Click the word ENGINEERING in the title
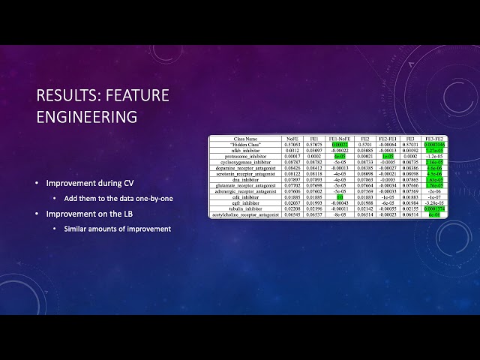point(87,117)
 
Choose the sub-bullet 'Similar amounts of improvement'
point(117,229)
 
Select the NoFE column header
point(292,139)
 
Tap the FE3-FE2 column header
point(433,139)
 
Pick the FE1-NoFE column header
point(339,139)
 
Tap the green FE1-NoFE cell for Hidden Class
point(339,145)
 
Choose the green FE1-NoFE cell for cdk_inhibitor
point(339,196)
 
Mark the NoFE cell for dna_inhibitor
point(292,179)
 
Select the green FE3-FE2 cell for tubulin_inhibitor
point(433,208)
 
